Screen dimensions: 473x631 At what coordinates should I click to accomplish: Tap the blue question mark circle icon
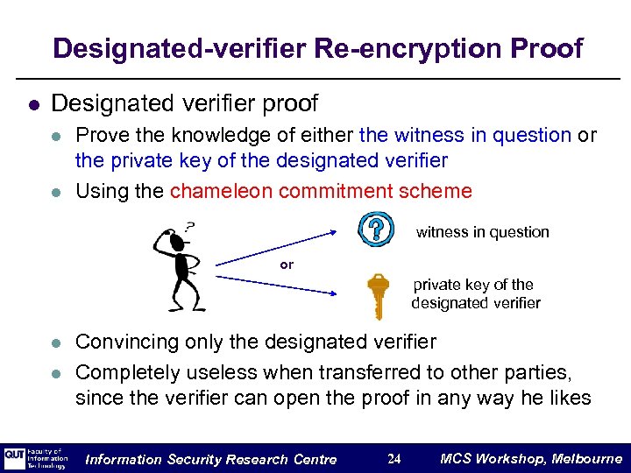(375, 229)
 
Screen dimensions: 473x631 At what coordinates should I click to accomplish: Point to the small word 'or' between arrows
(287, 264)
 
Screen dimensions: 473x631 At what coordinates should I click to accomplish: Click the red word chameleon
(221, 191)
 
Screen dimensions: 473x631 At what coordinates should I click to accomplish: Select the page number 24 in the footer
(394, 459)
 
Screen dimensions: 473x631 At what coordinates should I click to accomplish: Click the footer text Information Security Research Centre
(211, 459)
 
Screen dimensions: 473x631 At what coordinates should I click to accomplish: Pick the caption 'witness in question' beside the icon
(482, 232)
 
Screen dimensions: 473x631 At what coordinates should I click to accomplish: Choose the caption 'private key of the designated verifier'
(475, 293)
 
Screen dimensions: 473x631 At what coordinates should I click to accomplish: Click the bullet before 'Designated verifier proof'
(33, 104)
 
